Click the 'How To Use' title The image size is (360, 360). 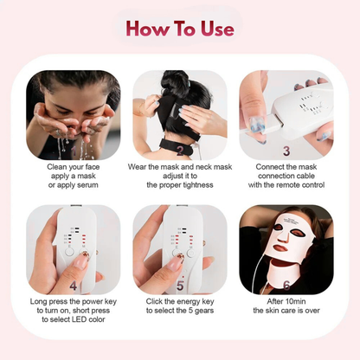point(180,29)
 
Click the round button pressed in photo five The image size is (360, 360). point(182,257)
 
